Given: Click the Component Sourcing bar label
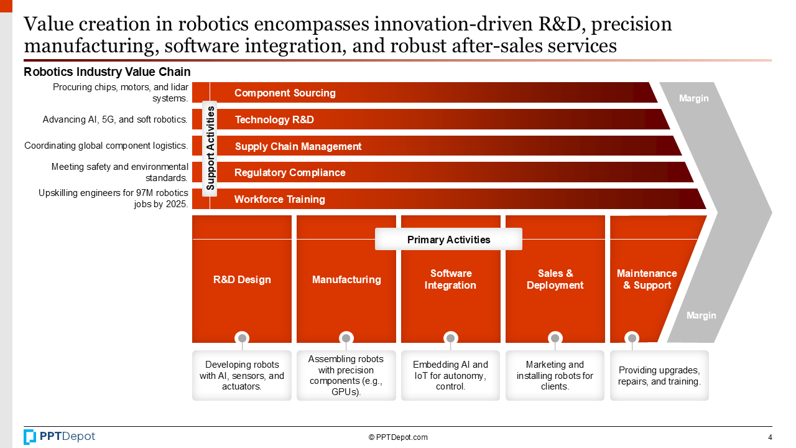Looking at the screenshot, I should pos(285,93).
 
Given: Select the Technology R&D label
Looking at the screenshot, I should pos(274,119).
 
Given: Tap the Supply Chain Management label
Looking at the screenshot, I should pos(298,146).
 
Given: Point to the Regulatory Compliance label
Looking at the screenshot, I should pos(290,172).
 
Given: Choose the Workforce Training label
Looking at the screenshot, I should pos(279,199).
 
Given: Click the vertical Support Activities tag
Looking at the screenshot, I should pos(210,148).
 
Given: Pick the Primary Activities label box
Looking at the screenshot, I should pos(448,240).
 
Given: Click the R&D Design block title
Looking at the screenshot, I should pos(242,279).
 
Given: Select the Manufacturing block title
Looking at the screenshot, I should pos(346,279).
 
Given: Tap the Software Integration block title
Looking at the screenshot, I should pos(450,279).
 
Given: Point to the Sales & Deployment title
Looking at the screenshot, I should pos(555,279).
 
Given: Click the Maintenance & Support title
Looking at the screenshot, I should pos(647,279).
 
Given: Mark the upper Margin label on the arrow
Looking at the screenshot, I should pos(693,98).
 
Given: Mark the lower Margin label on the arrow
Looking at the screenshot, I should pos(701,315).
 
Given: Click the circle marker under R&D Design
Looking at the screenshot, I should pos(242,338).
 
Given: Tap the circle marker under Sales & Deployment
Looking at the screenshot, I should pos(555,338).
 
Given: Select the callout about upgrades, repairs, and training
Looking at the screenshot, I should pos(659,376).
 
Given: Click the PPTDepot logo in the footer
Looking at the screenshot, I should pos(60,437).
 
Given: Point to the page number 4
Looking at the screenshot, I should pos(770,437).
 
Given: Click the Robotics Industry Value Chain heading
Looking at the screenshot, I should pos(107,72).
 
